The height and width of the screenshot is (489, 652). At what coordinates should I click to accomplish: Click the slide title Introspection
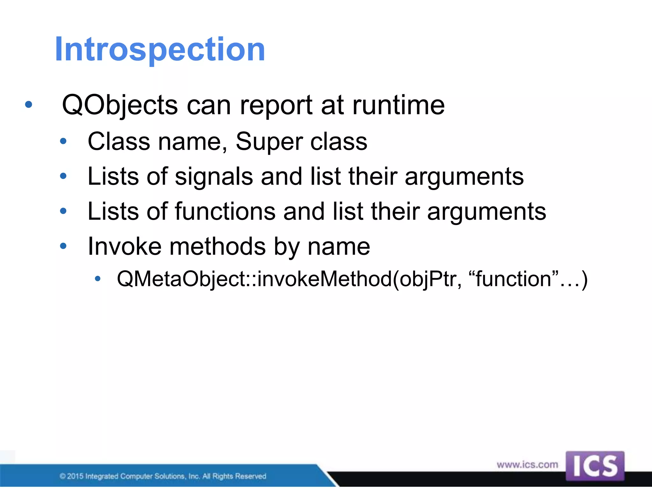(160, 49)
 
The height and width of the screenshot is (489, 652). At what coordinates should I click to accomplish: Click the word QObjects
(120, 105)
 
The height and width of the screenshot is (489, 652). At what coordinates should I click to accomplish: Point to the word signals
(214, 176)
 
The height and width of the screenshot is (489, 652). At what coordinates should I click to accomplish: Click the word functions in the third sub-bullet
(225, 211)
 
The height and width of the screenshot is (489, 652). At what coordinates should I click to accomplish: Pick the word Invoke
(124, 246)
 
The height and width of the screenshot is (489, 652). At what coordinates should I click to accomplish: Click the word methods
(217, 246)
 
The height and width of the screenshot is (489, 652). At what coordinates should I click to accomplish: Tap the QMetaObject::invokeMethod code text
(255, 279)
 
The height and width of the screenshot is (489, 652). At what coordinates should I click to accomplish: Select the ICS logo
(595, 466)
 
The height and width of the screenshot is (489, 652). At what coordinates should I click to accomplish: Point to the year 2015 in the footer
(75, 476)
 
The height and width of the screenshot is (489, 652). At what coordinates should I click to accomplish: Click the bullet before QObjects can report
(29, 104)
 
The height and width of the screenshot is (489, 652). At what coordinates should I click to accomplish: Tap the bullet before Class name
(63, 141)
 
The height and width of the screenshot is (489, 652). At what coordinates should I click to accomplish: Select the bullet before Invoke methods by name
(63, 246)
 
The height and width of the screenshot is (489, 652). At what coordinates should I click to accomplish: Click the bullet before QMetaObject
(98, 279)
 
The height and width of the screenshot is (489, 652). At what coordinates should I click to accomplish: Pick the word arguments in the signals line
(464, 176)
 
